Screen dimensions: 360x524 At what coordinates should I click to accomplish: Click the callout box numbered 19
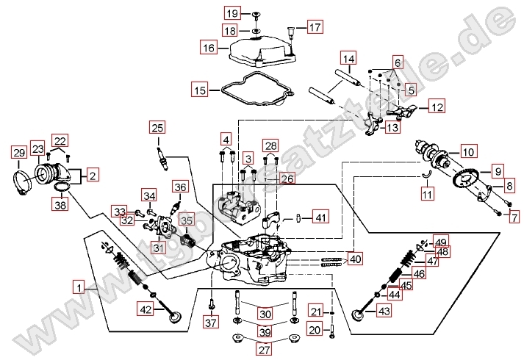(x=233, y=14)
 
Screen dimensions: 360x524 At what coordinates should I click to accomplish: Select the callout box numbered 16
(x=209, y=48)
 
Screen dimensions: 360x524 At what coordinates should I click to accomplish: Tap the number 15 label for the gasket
(x=201, y=91)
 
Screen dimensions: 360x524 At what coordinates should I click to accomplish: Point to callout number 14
(x=348, y=58)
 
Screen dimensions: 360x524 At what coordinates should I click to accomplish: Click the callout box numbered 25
(x=156, y=128)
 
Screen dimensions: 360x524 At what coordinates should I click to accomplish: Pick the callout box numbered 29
(x=18, y=153)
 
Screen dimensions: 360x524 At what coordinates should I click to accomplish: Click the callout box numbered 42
(x=146, y=310)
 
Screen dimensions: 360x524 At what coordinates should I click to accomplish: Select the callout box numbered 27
(x=264, y=350)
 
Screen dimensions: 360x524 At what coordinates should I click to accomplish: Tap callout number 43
(x=384, y=312)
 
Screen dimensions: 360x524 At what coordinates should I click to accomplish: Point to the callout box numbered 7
(x=514, y=217)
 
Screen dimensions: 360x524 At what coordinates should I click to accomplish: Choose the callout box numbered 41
(x=320, y=217)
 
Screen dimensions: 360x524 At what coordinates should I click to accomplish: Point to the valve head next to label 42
(x=175, y=317)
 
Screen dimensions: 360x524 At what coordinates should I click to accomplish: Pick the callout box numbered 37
(x=212, y=323)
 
